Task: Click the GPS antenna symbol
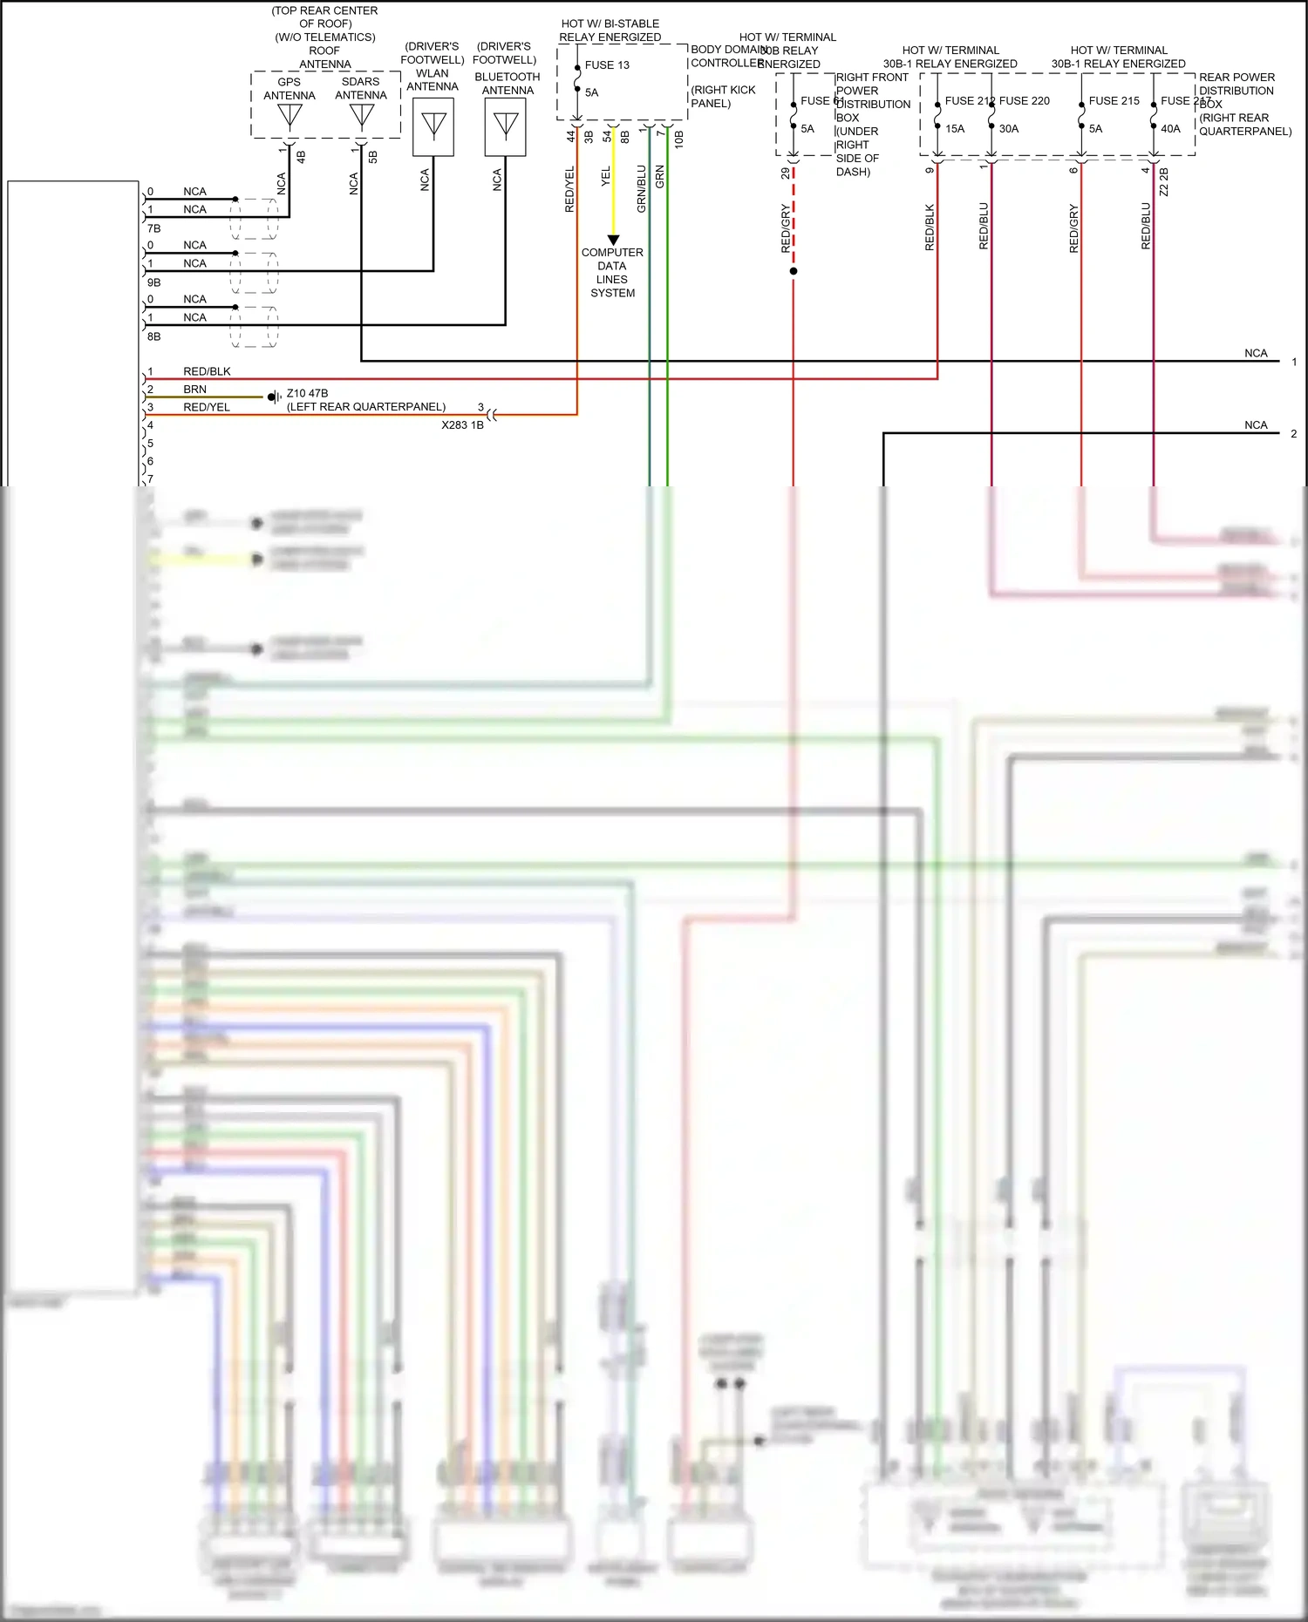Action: (290, 116)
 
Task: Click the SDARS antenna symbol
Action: (361, 116)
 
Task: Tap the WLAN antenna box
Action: (433, 126)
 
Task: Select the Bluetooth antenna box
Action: (506, 126)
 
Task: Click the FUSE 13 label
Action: (607, 65)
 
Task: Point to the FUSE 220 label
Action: (1025, 101)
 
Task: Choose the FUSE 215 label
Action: (1114, 101)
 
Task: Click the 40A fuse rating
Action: (1170, 129)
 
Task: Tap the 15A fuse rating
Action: (955, 129)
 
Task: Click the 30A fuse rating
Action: (1009, 129)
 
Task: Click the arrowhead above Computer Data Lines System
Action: (613, 240)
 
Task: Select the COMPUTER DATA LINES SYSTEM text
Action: (612, 273)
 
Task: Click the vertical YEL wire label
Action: (606, 177)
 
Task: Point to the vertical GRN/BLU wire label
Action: (642, 189)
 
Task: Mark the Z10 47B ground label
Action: (307, 393)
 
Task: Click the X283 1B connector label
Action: (462, 425)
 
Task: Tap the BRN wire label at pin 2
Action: (194, 390)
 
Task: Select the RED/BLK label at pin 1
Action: (207, 371)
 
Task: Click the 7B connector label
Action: (154, 228)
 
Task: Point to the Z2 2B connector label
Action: (1164, 181)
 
